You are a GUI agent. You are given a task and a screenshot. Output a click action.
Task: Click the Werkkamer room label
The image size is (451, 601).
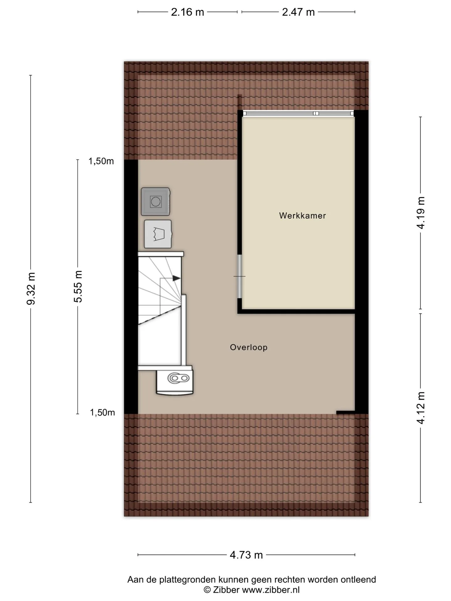click(303, 216)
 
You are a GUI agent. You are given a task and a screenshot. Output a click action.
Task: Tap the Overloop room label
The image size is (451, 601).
click(249, 347)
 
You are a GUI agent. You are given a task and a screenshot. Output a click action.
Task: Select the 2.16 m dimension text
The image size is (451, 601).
click(187, 12)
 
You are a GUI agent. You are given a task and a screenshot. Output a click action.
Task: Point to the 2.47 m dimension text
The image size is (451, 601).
click(298, 12)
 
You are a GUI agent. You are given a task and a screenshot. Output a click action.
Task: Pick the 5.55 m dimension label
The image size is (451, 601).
click(78, 287)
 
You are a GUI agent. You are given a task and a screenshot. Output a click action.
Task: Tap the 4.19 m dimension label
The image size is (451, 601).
click(421, 213)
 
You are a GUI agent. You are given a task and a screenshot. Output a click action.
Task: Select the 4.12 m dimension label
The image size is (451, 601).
click(421, 408)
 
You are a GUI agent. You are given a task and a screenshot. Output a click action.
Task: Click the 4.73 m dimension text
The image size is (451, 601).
click(246, 555)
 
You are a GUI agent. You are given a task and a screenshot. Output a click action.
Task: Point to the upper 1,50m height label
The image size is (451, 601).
click(101, 161)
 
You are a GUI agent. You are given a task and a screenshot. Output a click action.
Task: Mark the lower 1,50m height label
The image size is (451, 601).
click(102, 413)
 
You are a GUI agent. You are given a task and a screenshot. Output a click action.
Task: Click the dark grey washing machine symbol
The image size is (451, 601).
click(155, 202)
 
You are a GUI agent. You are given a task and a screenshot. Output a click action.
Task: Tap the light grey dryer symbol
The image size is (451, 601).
click(158, 234)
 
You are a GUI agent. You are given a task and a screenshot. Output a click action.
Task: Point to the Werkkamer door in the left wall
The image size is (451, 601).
click(240, 276)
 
